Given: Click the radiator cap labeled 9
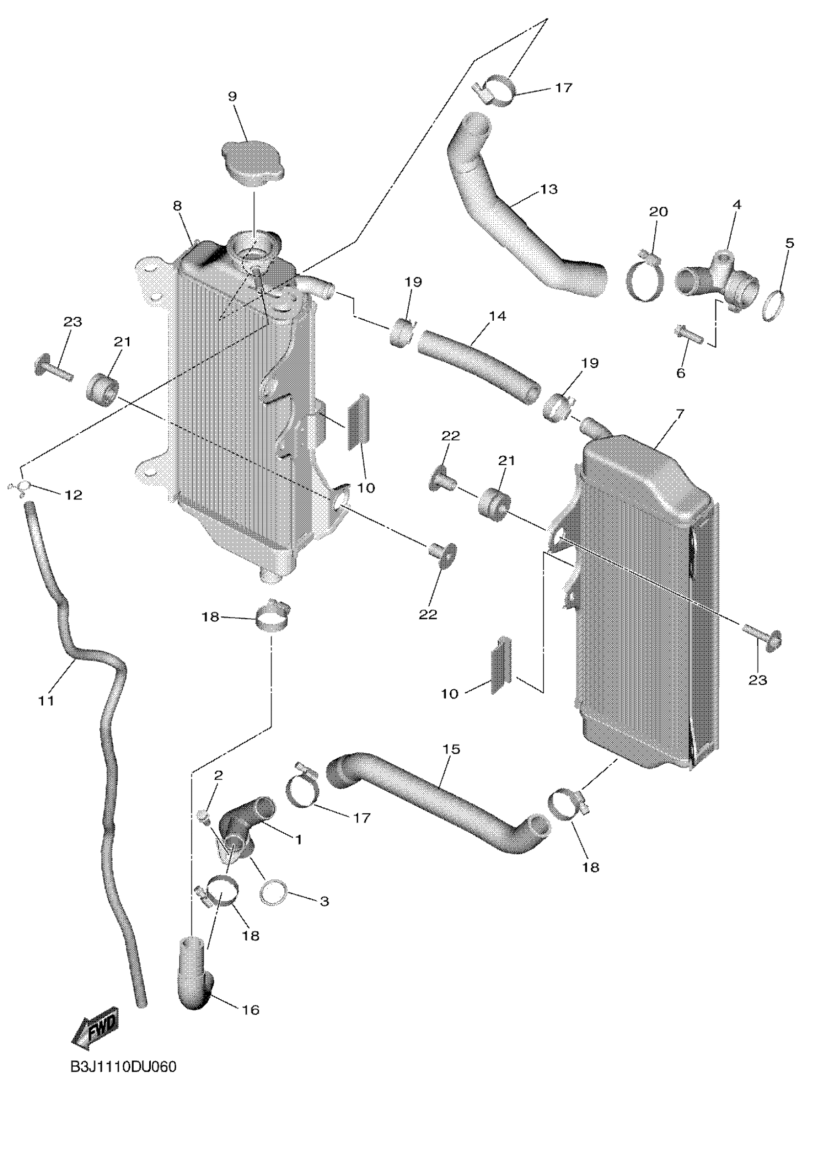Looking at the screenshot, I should [253, 164].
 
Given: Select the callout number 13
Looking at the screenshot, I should [549, 189].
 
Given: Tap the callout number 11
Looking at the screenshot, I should [46, 701].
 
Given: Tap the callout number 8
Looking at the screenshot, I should [177, 206].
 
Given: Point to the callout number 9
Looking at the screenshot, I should [232, 96].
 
